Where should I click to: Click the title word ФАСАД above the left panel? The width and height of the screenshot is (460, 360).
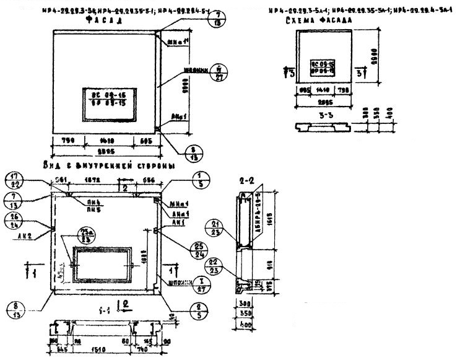click(x=102, y=20)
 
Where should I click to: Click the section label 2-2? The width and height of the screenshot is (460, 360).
click(x=246, y=182)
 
